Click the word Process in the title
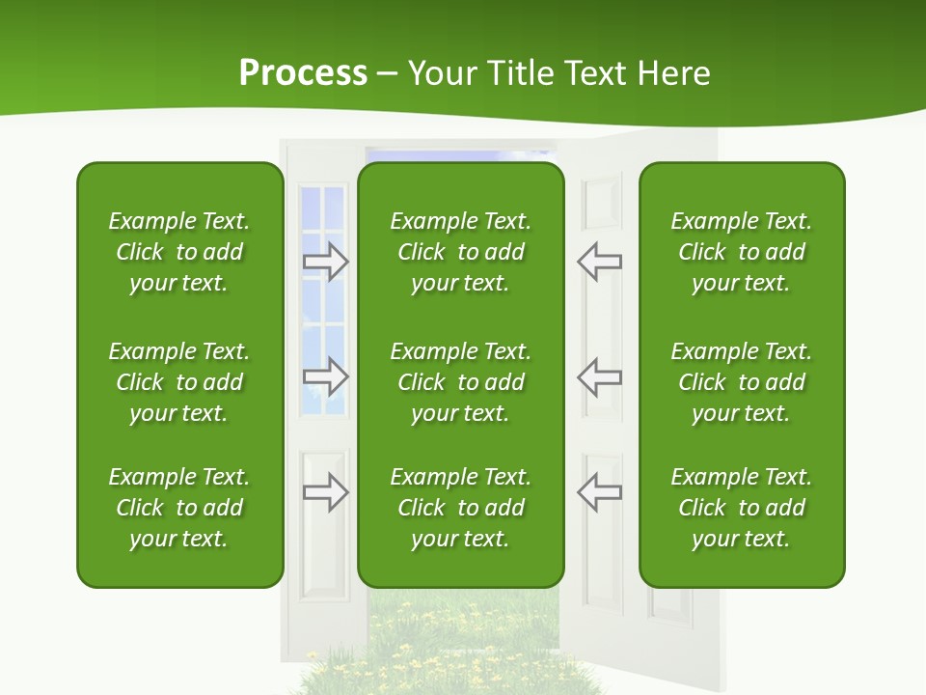(x=303, y=73)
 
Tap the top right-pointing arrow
(x=326, y=262)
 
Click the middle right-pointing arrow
(x=326, y=375)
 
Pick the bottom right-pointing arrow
(x=326, y=492)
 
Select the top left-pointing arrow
(x=599, y=262)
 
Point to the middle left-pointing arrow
(x=599, y=375)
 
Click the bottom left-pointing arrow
(x=599, y=492)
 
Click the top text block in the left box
(x=179, y=252)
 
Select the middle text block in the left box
(x=179, y=382)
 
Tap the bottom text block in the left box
(x=179, y=508)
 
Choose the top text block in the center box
(x=460, y=252)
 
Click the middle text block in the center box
(x=460, y=382)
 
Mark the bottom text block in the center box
(x=460, y=508)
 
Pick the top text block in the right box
(x=741, y=252)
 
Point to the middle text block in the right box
(x=741, y=382)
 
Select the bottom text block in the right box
(x=741, y=508)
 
